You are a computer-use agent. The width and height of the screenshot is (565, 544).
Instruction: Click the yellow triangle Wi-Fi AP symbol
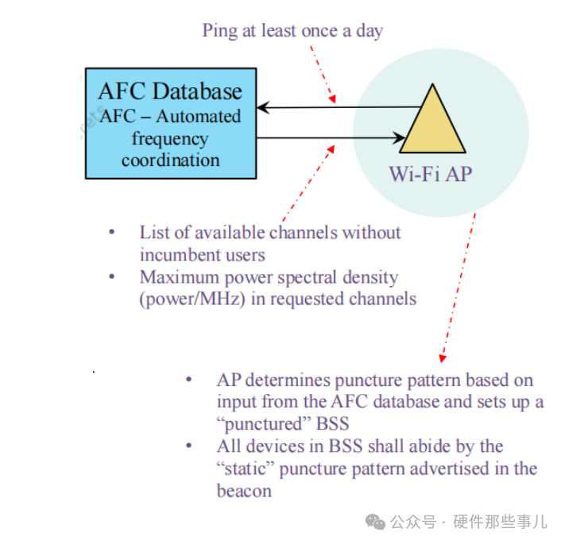[x=432, y=123]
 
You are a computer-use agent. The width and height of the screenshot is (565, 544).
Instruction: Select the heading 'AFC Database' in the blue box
[x=169, y=91]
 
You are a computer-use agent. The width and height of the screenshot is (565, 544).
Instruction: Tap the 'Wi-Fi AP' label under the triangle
[x=429, y=174]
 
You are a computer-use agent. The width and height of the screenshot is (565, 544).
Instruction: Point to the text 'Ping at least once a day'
[x=292, y=31]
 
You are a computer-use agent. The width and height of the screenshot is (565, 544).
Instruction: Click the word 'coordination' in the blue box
[x=170, y=160]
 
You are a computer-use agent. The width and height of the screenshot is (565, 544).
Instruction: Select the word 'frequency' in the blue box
[x=170, y=138]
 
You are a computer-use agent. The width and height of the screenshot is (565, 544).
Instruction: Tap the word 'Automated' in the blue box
[x=198, y=116]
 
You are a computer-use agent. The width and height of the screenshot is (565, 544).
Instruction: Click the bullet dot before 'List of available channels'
[x=111, y=232]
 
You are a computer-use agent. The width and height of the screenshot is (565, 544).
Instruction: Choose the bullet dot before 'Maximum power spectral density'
[x=111, y=277]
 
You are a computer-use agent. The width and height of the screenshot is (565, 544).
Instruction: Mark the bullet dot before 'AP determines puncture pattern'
[x=188, y=380]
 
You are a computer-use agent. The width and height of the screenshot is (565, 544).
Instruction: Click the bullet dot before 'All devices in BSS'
[x=188, y=446]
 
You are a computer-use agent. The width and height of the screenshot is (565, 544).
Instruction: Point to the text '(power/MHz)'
[x=184, y=299]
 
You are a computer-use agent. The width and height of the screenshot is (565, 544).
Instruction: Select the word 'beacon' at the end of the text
[x=244, y=490]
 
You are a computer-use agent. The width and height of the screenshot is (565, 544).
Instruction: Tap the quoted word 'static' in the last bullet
[x=246, y=469]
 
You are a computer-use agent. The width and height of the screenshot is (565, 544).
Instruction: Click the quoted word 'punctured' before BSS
[x=261, y=424]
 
